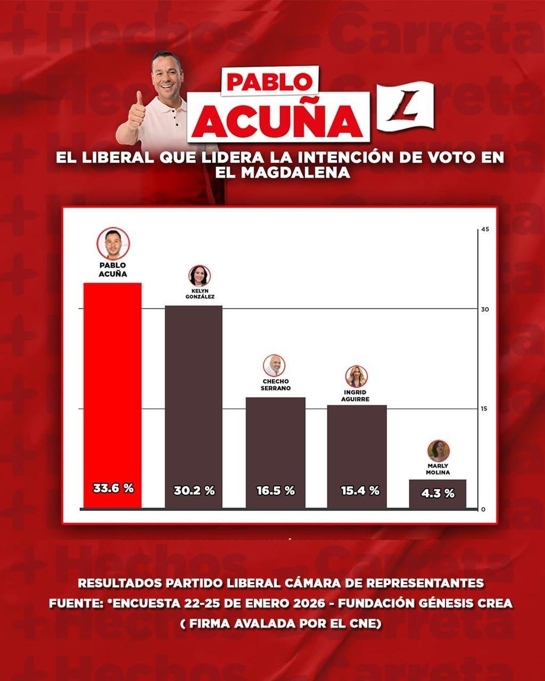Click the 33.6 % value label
pos(113,488)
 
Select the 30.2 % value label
pos(194,491)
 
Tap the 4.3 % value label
pos(437,493)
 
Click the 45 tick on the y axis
pos(484,229)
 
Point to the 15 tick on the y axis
pos(484,409)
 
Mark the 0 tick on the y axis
pos(483,509)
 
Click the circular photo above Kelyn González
pos(200,276)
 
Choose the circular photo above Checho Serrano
pos(274,366)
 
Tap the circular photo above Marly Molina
pos(438,451)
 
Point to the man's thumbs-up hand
pos(137,110)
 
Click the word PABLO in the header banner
pos(269,81)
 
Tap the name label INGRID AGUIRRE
pos(356,395)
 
